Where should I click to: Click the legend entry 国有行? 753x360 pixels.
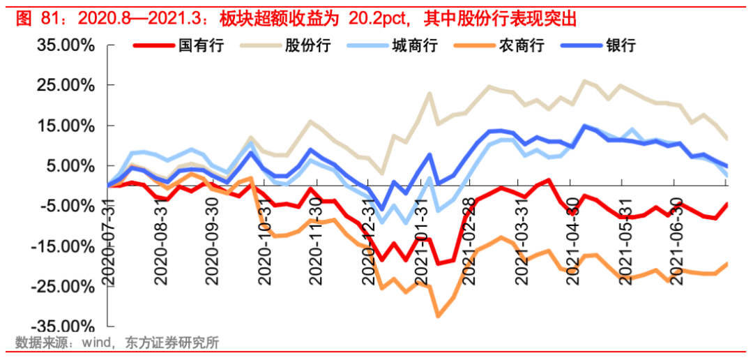point(200,46)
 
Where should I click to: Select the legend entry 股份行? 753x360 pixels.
point(307,46)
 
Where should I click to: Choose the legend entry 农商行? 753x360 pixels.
point(521,46)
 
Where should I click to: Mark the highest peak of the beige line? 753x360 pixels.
point(584,81)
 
